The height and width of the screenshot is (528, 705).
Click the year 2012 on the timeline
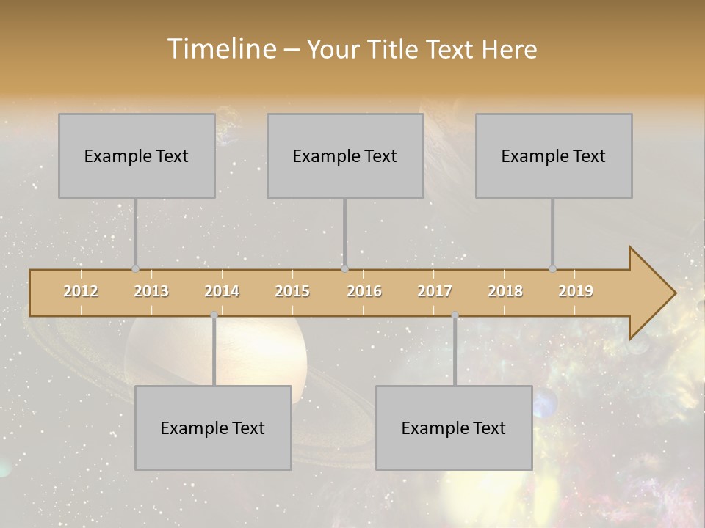(81, 291)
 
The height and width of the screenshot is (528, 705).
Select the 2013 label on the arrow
(151, 291)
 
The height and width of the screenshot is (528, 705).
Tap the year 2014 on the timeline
(222, 291)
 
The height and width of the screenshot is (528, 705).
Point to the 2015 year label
(292, 291)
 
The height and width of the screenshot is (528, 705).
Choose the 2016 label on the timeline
(364, 291)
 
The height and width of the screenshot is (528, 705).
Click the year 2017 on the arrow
(435, 291)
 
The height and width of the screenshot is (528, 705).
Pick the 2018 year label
(505, 291)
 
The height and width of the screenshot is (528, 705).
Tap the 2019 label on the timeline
(576, 291)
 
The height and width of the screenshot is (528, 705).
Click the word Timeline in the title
(221, 49)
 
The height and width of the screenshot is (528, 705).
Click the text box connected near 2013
(137, 155)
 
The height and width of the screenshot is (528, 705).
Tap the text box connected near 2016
(345, 155)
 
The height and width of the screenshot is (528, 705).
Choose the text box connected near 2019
(554, 155)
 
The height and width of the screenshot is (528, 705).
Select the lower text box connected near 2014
(213, 428)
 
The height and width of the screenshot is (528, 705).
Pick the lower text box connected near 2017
(454, 428)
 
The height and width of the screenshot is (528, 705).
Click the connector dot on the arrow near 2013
(135, 269)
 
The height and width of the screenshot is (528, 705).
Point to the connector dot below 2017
(455, 315)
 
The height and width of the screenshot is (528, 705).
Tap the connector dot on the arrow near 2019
(552, 269)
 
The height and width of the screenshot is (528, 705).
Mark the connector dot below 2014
(214, 315)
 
